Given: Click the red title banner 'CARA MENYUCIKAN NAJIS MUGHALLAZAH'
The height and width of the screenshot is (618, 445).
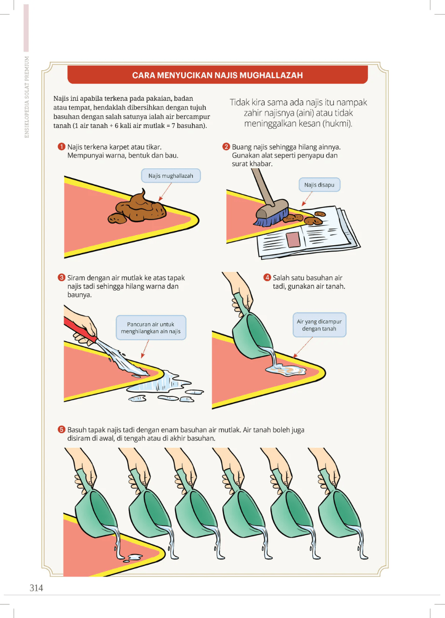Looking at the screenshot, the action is pos(217,75).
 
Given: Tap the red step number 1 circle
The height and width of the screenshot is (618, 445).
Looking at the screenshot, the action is pos(61,146).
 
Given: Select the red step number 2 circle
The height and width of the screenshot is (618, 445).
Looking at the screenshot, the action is pos(226,146).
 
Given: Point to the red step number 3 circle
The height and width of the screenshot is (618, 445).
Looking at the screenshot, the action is pos(61,278).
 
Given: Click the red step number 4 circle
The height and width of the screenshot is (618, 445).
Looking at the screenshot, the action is pos(267,277).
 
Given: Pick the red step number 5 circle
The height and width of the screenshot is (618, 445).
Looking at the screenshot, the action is pos(61,429).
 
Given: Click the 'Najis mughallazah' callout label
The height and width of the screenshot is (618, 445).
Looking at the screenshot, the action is pos(171,176).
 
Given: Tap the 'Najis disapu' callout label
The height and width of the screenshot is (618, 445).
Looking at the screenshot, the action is pos(320,185).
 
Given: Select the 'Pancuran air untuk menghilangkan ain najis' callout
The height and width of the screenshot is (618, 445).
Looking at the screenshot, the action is pos(151,328).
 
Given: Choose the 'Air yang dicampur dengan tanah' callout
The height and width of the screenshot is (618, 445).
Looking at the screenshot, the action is pos(320,325).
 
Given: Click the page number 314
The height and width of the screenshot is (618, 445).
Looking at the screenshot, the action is pos(36,588).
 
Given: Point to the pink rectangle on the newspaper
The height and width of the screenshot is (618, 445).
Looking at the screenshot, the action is pos(293,239).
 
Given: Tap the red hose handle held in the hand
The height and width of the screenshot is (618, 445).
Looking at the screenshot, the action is pos(80,330).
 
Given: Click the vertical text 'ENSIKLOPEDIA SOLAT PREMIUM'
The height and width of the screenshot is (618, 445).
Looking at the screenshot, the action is pos(27,97).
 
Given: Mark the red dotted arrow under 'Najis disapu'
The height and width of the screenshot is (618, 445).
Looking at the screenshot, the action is pos(307,199).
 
